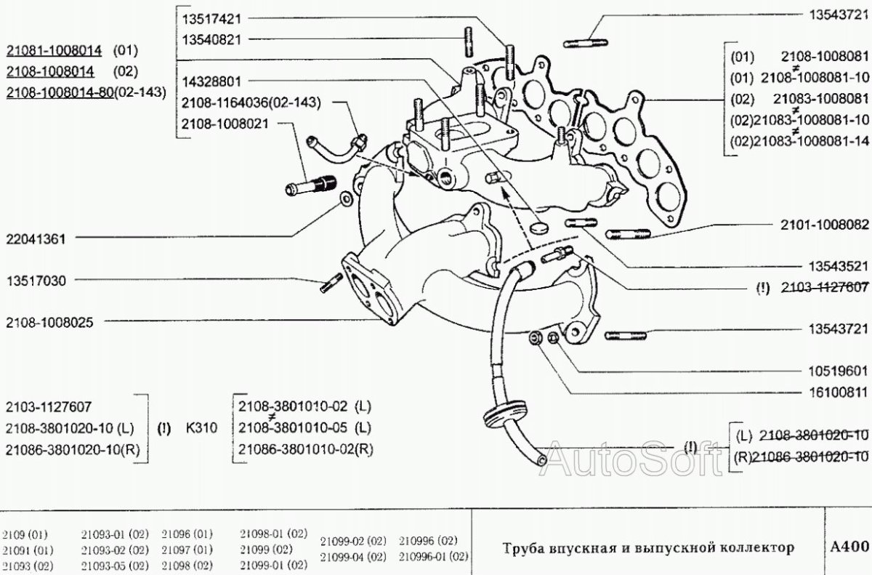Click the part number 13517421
point(212,17)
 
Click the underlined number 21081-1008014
point(54,50)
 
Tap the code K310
point(202,429)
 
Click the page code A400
point(849,546)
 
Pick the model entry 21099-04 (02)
point(354,558)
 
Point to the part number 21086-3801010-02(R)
point(305,449)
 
